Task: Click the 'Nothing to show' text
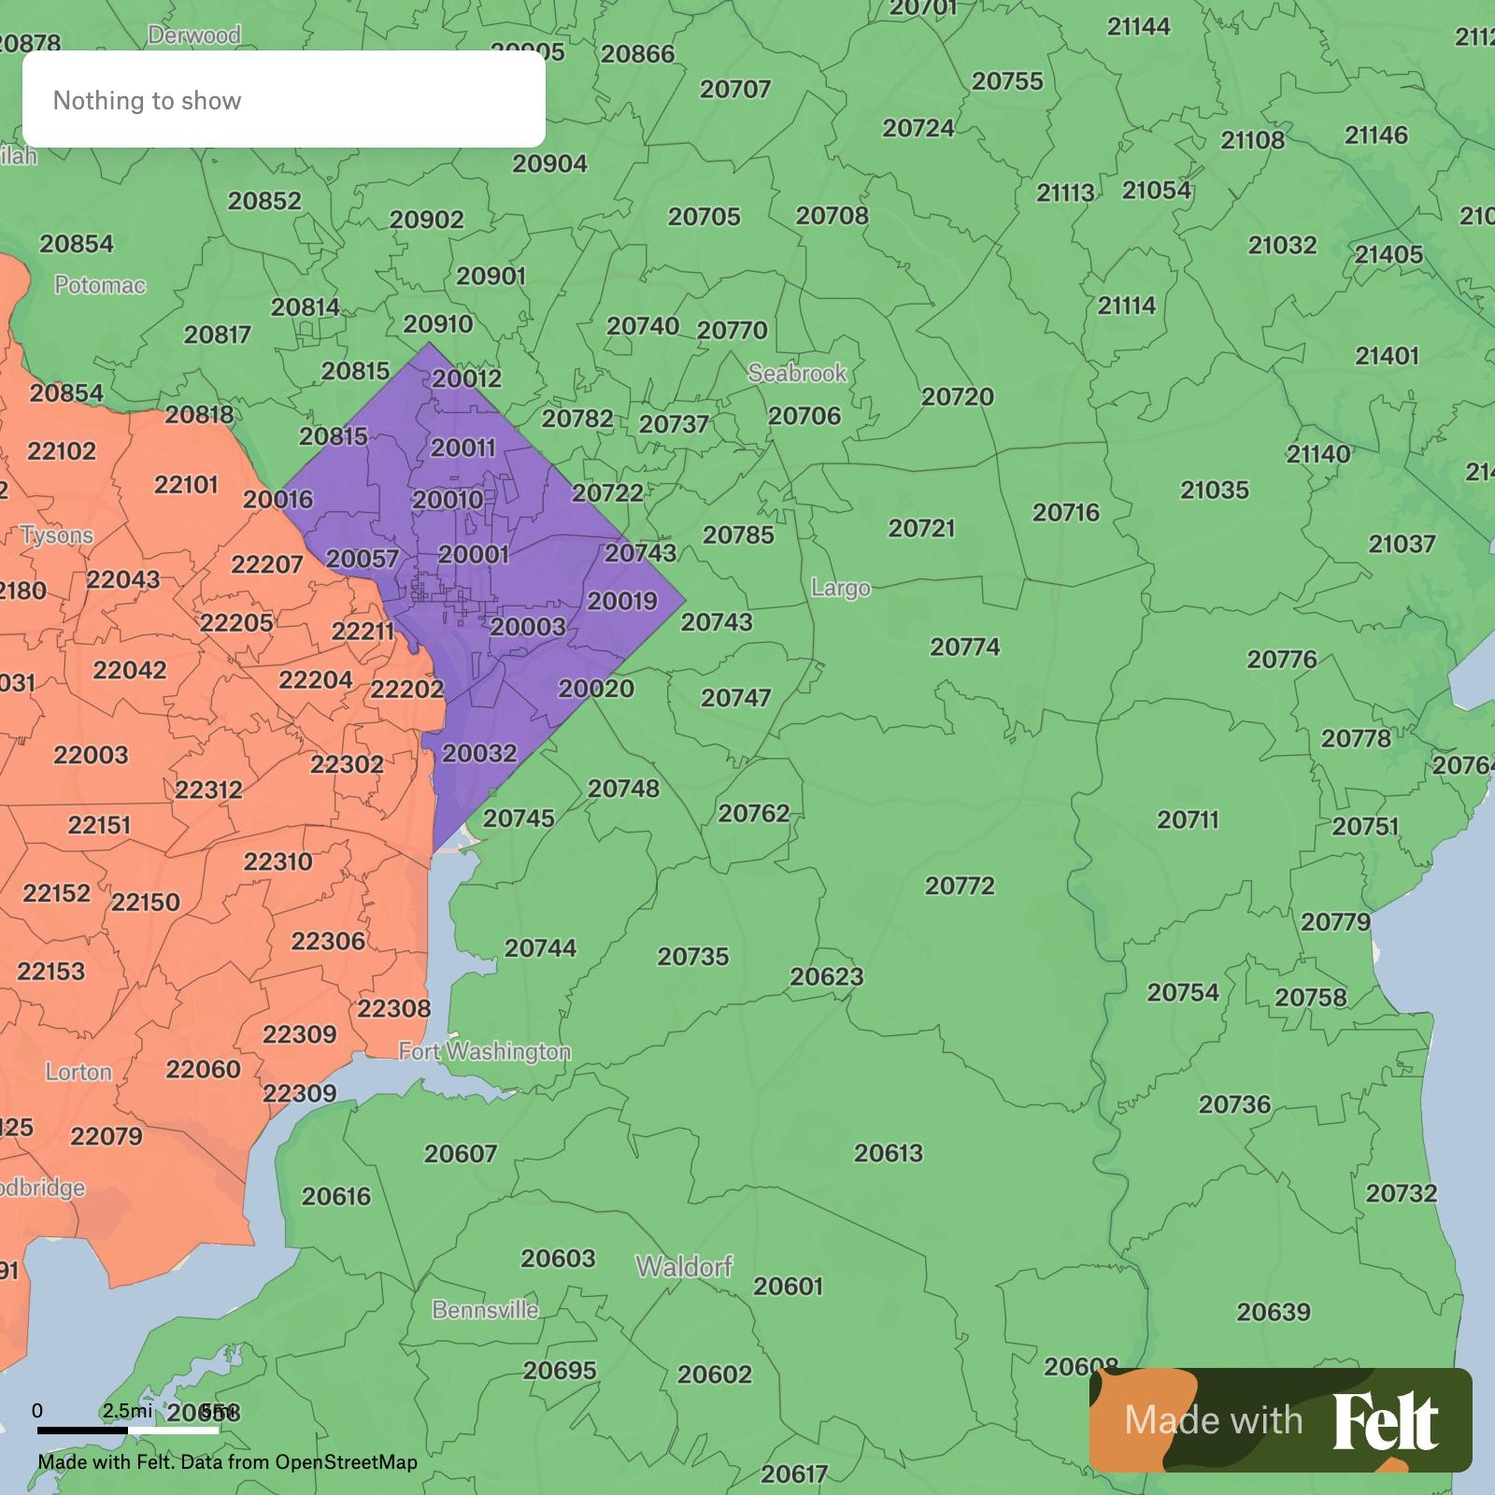click(147, 101)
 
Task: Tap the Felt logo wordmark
click(1385, 1421)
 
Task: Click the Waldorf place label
click(684, 1267)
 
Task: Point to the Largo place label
click(840, 588)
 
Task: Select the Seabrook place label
click(797, 374)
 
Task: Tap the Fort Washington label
click(484, 1052)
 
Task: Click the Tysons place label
click(57, 535)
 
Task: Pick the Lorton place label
click(78, 1072)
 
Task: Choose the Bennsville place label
click(485, 1310)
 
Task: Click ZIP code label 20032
click(478, 753)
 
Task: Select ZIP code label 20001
click(473, 554)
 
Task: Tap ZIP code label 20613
click(888, 1153)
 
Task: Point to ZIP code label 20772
click(960, 886)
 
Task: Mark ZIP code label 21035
click(1214, 491)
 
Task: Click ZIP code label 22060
click(203, 1069)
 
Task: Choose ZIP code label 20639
click(1274, 1312)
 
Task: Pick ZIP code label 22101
click(186, 485)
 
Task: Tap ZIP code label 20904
click(549, 164)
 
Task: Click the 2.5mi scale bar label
click(127, 1410)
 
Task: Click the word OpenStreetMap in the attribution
click(346, 1462)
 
